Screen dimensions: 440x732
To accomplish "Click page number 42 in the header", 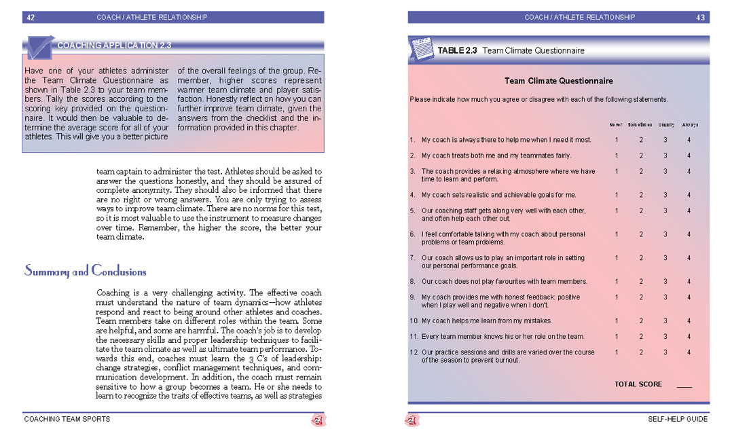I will coord(31,18).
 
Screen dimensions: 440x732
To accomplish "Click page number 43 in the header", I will coord(701,18).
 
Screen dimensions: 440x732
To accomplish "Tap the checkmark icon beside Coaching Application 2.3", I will coord(38,48).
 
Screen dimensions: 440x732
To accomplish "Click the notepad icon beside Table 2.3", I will coord(421,49).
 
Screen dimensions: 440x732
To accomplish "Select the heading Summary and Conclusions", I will coord(86,272).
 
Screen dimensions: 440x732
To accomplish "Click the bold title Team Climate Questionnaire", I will coord(559,81).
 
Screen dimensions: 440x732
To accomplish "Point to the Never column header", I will coord(616,125).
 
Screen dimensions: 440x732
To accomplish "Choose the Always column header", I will coord(690,125).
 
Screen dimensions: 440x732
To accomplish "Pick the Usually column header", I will coord(665,125).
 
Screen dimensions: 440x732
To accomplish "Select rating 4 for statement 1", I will coord(689,140).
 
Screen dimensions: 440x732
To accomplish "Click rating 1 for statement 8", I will coord(617,281).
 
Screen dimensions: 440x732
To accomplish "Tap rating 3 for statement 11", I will coord(665,336).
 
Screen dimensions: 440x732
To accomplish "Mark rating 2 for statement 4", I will coord(641,195).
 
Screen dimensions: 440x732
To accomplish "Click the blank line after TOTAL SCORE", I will coord(684,386).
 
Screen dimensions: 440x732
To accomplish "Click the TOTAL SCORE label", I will coord(638,384).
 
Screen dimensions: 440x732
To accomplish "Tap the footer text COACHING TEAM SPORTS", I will coord(67,419).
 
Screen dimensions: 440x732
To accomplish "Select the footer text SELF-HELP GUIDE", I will coord(677,419).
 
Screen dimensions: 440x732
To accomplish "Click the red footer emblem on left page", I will coord(318,420).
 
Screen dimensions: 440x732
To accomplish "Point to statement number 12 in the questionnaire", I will coord(414,352).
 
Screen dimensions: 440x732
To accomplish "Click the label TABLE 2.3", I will coord(457,50).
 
